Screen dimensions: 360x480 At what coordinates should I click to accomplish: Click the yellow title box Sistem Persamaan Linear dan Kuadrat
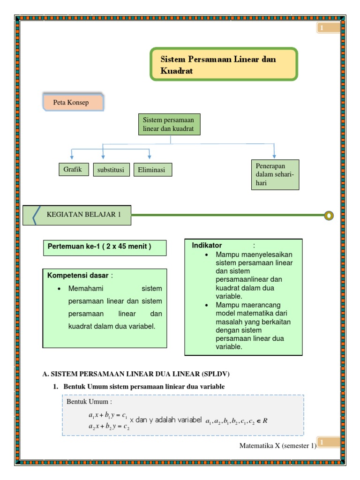click(224, 64)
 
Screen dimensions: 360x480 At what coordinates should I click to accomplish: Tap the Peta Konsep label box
click(73, 102)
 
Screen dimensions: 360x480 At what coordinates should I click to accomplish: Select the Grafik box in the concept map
click(74, 169)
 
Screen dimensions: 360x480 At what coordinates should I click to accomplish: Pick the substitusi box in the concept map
click(111, 170)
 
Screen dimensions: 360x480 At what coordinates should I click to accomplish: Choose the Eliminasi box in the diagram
click(153, 170)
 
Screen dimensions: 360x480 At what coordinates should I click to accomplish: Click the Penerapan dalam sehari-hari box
click(275, 174)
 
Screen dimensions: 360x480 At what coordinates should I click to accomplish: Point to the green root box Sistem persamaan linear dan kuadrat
click(169, 124)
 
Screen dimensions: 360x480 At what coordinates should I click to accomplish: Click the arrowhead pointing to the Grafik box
click(72, 157)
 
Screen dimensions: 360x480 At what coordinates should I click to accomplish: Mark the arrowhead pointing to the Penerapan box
click(274, 156)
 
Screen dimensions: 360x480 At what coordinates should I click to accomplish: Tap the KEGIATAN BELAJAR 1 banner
click(77, 215)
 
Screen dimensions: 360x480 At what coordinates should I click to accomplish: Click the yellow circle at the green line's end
click(329, 216)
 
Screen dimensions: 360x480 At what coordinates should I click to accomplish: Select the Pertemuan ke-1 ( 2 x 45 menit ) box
click(105, 247)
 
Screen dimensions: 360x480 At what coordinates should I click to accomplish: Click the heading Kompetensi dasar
click(78, 275)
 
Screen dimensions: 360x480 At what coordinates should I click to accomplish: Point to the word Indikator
click(207, 245)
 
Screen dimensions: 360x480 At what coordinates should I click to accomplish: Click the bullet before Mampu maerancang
click(207, 305)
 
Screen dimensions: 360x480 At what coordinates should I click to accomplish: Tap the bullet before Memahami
click(59, 289)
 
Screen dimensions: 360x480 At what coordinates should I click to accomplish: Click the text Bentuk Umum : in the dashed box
click(90, 402)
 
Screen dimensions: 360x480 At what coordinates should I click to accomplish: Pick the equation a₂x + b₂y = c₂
click(109, 427)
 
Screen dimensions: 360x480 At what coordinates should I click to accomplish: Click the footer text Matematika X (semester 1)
click(278, 446)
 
